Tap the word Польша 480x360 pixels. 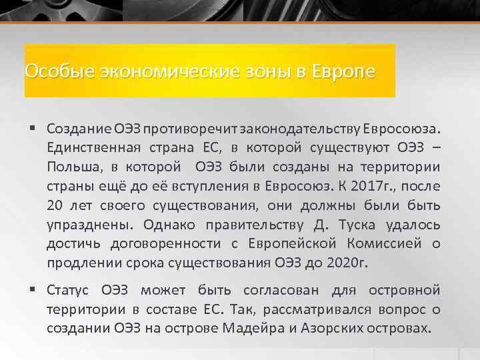coord(73,165)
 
